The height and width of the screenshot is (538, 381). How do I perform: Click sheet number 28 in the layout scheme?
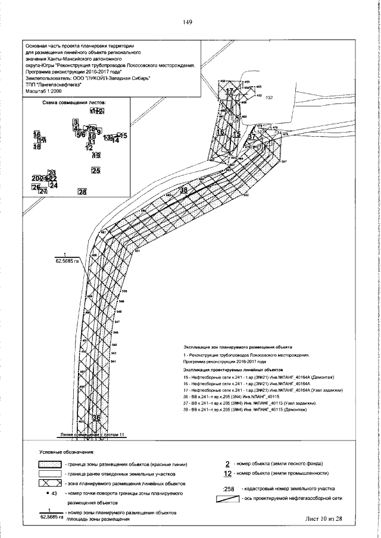pos(82,191)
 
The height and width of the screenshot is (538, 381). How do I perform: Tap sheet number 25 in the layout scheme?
pos(96,171)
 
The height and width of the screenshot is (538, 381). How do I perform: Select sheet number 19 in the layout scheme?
pos(96,155)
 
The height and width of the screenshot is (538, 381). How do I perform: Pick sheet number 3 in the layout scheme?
pos(75,122)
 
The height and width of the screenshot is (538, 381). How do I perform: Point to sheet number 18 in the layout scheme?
pos(37,146)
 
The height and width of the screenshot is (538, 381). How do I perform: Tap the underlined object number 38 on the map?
pos(183,190)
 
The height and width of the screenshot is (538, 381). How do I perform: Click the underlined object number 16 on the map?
pos(220,132)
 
